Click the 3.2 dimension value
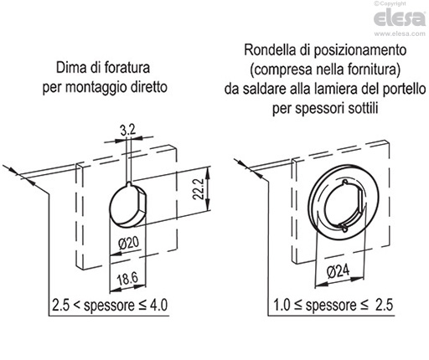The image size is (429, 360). click(127, 131)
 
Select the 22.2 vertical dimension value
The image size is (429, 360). click(199, 189)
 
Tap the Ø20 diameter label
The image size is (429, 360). click(129, 244)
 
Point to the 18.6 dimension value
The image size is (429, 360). click(127, 279)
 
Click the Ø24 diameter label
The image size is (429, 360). click(338, 271)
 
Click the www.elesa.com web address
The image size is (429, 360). click(400, 34)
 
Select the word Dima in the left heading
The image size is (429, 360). click(71, 68)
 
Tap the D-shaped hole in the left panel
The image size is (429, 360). click(127, 204)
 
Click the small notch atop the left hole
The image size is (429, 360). click(129, 184)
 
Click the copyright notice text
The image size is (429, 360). click(390, 3)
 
